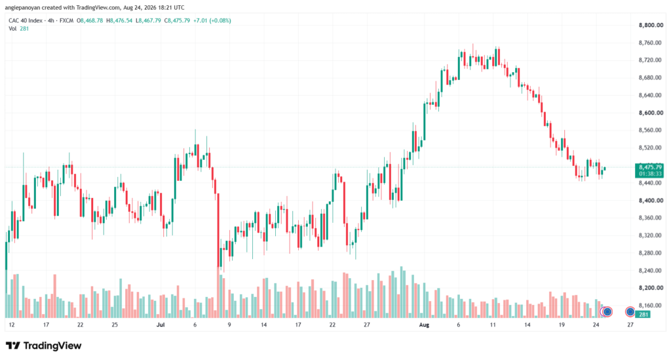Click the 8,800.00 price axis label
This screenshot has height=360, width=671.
(x=651, y=26)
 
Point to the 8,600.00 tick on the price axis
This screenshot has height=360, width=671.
(x=651, y=113)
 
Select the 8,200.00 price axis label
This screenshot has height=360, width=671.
(x=651, y=288)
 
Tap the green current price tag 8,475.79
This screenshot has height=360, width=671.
(x=650, y=167)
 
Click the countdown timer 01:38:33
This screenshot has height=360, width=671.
(x=650, y=174)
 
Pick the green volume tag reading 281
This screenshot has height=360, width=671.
(x=643, y=315)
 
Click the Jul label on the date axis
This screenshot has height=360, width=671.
(x=161, y=325)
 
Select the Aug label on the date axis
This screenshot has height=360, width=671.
(x=424, y=325)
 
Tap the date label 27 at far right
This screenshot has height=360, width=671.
(x=630, y=325)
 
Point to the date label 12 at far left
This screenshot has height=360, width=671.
(x=12, y=325)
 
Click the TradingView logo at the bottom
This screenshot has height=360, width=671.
(x=44, y=346)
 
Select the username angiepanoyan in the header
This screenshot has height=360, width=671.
(x=23, y=8)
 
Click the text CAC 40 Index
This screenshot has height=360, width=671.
(x=26, y=20)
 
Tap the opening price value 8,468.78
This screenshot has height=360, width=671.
(x=92, y=20)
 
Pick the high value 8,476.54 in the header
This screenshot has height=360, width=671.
(x=121, y=20)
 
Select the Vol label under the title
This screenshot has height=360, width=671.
(x=12, y=29)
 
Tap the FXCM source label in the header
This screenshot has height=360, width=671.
(x=66, y=20)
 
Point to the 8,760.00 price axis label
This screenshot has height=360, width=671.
(x=651, y=43)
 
